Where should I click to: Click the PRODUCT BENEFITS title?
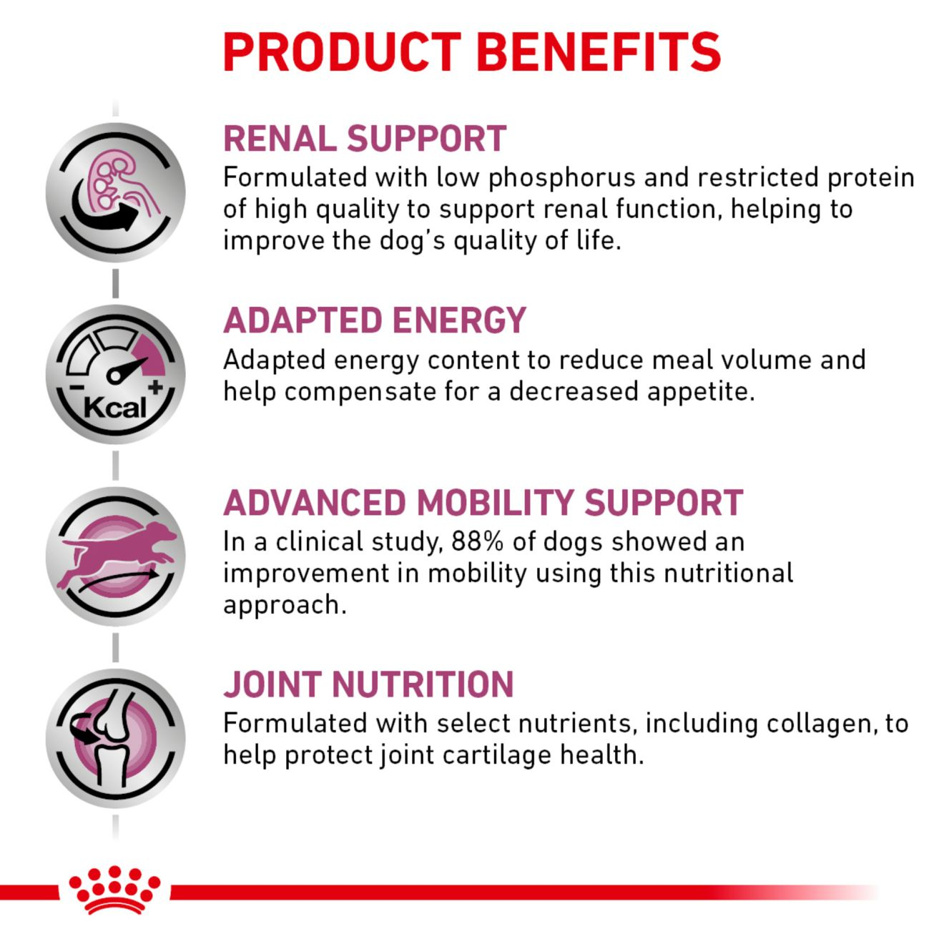(x=471, y=51)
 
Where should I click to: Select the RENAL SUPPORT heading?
(x=365, y=139)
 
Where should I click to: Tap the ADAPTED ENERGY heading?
(x=375, y=320)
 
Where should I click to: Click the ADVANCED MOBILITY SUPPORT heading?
(x=483, y=503)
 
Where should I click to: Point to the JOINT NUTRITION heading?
(x=368, y=684)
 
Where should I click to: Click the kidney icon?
(x=116, y=192)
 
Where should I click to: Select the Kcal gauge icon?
(x=116, y=374)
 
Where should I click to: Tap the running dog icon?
(x=116, y=556)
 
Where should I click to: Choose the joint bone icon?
(x=116, y=738)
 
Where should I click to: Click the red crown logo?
(x=114, y=890)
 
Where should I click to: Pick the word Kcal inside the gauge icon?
(x=114, y=408)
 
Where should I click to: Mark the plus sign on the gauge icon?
(x=156, y=387)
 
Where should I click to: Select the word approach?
(x=284, y=605)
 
